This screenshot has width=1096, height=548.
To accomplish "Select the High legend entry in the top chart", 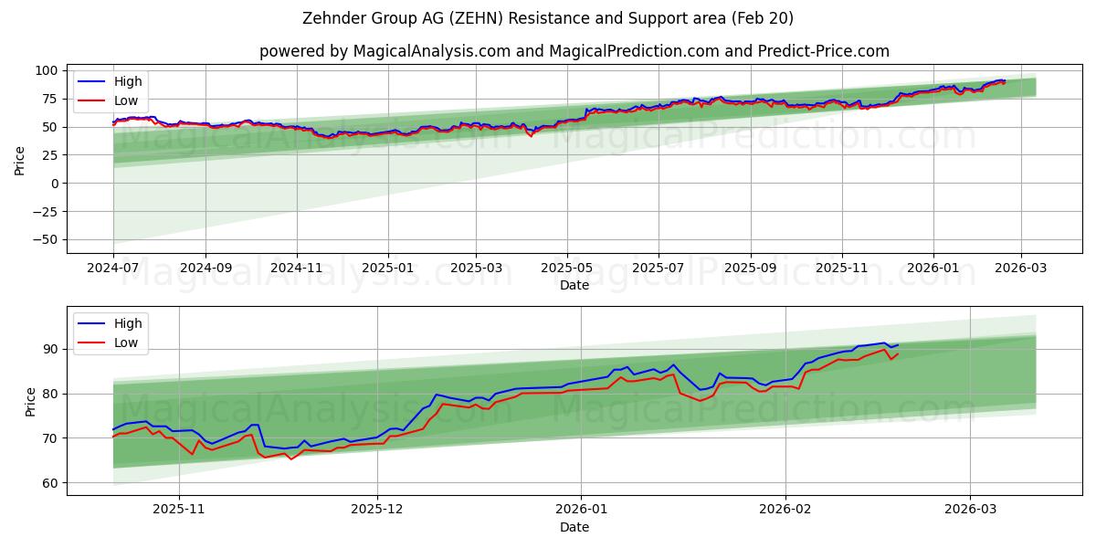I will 127,81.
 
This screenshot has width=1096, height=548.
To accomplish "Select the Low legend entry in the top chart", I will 127,100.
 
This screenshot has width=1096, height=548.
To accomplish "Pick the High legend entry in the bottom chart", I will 127,323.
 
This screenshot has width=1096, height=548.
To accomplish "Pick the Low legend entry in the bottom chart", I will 127,342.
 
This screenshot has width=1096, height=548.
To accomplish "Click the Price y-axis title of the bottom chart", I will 30,401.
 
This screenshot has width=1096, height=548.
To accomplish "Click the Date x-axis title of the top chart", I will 574,285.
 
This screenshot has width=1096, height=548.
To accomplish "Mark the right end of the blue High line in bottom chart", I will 898,345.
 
